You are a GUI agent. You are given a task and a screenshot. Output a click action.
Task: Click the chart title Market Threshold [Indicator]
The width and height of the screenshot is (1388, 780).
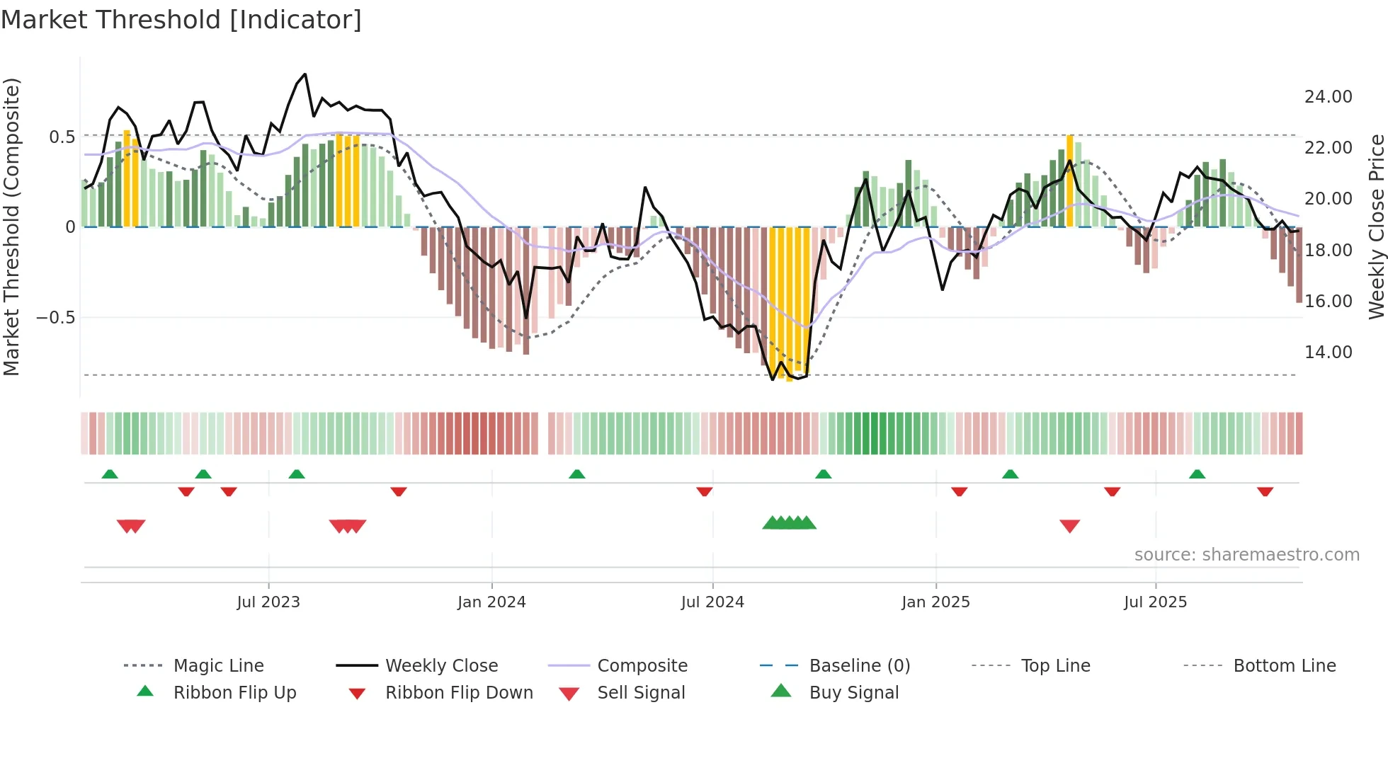click(x=181, y=20)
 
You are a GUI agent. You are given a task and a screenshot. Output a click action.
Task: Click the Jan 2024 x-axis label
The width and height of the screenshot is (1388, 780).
click(x=491, y=602)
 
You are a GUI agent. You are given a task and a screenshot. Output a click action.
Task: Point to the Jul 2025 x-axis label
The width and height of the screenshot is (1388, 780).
click(x=1155, y=602)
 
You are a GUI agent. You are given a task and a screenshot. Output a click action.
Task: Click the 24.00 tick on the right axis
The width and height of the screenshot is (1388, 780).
click(x=1328, y=97)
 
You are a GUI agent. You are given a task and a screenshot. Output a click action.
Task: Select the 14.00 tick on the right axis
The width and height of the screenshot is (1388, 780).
click(x=1328, y=352)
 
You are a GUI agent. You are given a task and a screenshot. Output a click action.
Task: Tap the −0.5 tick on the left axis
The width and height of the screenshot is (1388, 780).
click(x=55, y=318)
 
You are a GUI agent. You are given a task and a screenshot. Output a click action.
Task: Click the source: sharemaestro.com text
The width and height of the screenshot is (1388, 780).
click(x=1246, y=555)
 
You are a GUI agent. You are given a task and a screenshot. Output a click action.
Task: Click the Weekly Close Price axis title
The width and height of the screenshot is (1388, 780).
click(x=1376, y=226)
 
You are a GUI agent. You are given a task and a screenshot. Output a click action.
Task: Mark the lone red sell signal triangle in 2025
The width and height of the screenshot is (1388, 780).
click(x=1069, y=526)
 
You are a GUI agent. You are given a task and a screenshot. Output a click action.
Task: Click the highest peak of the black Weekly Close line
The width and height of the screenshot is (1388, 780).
click(x=305, y=74)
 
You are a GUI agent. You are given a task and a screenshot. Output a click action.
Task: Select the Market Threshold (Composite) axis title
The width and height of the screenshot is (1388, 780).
click(x=11, y=226)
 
